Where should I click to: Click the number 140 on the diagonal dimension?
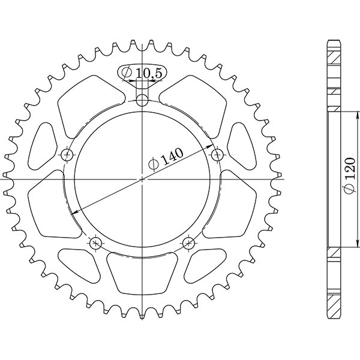coord(172,156)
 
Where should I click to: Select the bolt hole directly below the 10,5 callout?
coord(142,100)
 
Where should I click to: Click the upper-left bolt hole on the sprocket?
coord(67,155)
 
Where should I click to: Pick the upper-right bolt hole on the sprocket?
coord(217,155)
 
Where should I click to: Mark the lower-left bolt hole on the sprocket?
coord(95,243)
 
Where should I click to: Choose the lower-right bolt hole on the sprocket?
coord(188,243)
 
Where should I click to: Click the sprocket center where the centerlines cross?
coord(142,179)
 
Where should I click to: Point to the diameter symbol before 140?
coord(153,163)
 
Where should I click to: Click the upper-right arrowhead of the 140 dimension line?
coord(211,146)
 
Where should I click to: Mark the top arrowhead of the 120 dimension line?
coord(341,114)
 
